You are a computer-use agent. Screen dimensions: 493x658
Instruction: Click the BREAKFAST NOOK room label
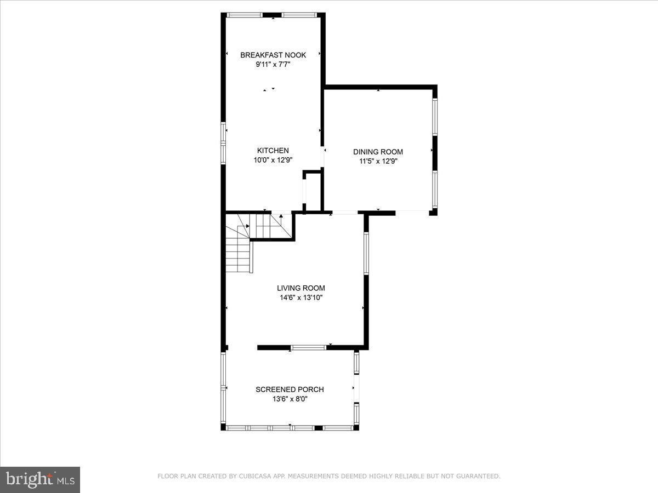click(273, 55)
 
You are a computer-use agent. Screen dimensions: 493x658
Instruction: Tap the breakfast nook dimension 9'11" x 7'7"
click(273, 65)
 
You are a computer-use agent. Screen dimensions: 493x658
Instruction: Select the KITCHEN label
click(273, 151)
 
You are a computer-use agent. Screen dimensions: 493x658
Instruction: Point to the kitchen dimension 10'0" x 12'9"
click(273, 160)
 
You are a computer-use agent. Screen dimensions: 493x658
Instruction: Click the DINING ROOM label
click(378, 152)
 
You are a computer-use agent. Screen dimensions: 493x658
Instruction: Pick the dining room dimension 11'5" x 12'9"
click(378, 162)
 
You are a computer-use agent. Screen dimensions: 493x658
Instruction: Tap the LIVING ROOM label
click(300, 288)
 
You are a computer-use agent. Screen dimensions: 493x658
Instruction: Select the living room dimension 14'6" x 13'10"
click(300, 298)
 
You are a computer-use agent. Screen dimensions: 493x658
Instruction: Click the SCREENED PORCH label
click(290, 389)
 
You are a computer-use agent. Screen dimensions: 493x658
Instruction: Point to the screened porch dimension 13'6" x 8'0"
click(290, 399)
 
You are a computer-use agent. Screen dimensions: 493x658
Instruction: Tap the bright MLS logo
click(40, 479)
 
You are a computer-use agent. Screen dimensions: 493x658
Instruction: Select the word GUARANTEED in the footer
click(477, 477)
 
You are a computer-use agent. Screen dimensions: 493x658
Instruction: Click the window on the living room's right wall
click(366, 253)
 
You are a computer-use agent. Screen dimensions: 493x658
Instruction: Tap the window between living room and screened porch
click(308, 347)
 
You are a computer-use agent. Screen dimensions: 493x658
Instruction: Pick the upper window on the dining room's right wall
click(434, 117)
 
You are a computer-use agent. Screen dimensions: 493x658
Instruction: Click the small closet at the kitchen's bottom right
click(313, 192)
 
